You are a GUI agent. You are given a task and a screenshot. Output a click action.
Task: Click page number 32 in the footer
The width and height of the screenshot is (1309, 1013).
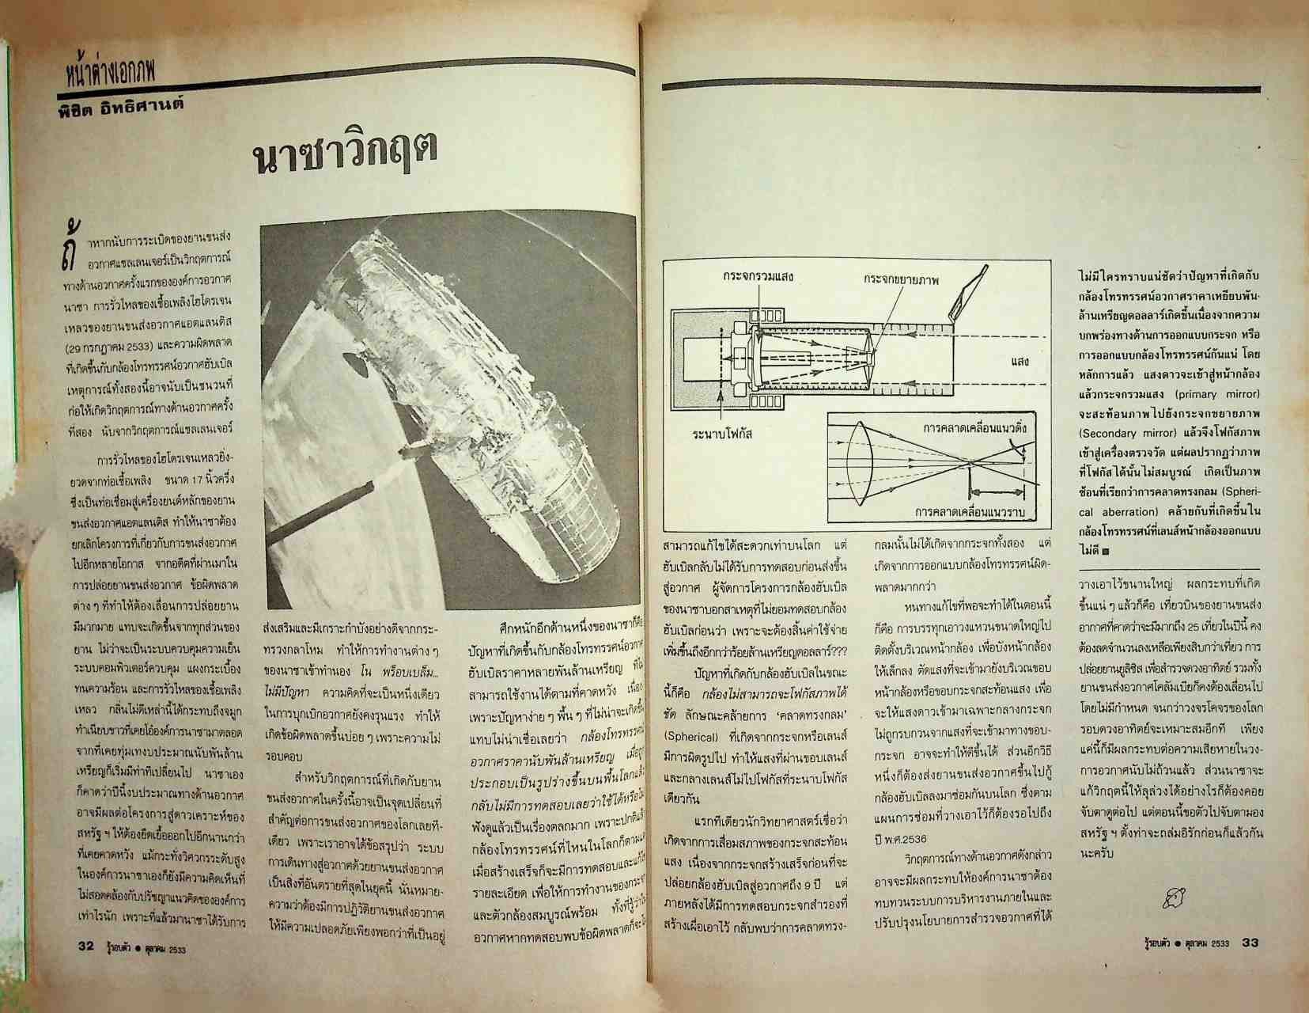pyautogui.click(x=86, y=945)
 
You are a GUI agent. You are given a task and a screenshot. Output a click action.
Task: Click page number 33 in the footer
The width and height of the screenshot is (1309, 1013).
pyautogui.click(x=1250, y=942)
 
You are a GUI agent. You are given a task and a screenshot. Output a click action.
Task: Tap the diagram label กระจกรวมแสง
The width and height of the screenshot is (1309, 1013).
pyautogui.click(x=757, y=277)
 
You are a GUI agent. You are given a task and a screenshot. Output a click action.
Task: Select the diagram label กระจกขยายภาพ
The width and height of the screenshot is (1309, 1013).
pyautogui.click(x=901, y=280)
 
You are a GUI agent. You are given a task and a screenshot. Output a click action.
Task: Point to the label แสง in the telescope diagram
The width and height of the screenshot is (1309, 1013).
pyautogui.click(x=1020, y=361)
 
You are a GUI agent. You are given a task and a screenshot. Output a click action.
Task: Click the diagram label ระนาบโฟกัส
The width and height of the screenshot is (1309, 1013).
pyautogui.click(x=721, y=434)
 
